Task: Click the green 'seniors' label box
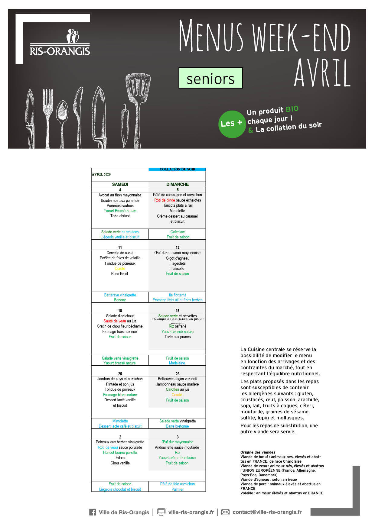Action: (x=210, y=78)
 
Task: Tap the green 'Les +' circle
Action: (x=232, y=124)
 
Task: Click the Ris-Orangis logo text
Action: (x=60, y=51)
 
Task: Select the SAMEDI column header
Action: (x=120, y=184)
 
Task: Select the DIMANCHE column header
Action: (x=178, y=184)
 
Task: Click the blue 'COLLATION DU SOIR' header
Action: (x=177, y=169)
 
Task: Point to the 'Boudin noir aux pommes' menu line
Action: (x=120, y=200)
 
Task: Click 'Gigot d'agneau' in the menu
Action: (x=178, y=258)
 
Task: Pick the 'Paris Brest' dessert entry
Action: (x=119, y=273)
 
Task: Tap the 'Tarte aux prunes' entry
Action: (x=178, y=337)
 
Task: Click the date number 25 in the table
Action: (x=120, y=374)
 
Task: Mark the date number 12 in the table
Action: (x=178, y=247)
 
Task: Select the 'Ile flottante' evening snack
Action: (x=178, y=295)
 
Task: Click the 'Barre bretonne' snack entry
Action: (x=177, y=426)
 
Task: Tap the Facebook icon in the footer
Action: (x=93, y=512)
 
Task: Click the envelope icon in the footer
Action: (x=225, y=512)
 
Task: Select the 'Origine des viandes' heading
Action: (x=258, y=452)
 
